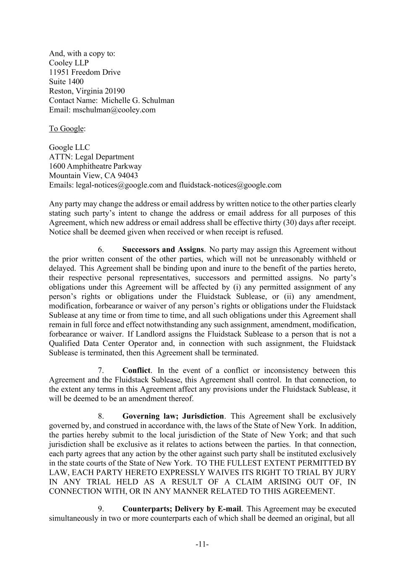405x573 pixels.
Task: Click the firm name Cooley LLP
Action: click(x=69, y=63)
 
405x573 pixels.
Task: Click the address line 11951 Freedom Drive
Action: click(x=84, y=72)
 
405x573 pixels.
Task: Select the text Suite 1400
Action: click(x=66, y=81)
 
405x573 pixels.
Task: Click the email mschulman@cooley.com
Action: click(x=114, y=110)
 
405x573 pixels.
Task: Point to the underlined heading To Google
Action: click(x=66, y=128)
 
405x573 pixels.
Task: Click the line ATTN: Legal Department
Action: click(x=91, y=157)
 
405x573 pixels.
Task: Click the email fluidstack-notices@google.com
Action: click(x=230, y=185)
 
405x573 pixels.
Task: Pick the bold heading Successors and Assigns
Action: click(x=163, y=250)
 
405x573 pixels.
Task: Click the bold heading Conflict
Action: click(x=136, y=371)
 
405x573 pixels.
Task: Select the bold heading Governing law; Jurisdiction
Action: click(x=173, y=416)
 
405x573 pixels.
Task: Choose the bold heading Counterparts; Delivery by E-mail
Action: click(x=181, y=509)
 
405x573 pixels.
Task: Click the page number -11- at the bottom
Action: click(x=202, y=545)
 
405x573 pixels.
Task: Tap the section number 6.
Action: click(x=101, y=250)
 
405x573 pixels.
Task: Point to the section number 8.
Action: click(x=101, y=416)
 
